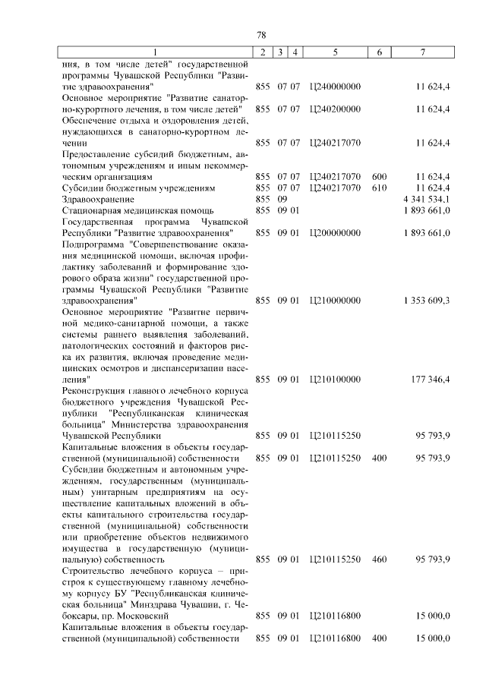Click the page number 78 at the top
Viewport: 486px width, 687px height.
click(x=260, y=35)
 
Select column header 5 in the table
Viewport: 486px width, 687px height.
click(x=335, y=52)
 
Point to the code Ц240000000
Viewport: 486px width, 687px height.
click(x=335, y=87)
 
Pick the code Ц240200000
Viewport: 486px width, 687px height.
click(x=335, y=109)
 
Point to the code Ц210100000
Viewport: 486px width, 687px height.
click(x=335, y=379)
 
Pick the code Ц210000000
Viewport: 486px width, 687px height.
click(x=335, y=300)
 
